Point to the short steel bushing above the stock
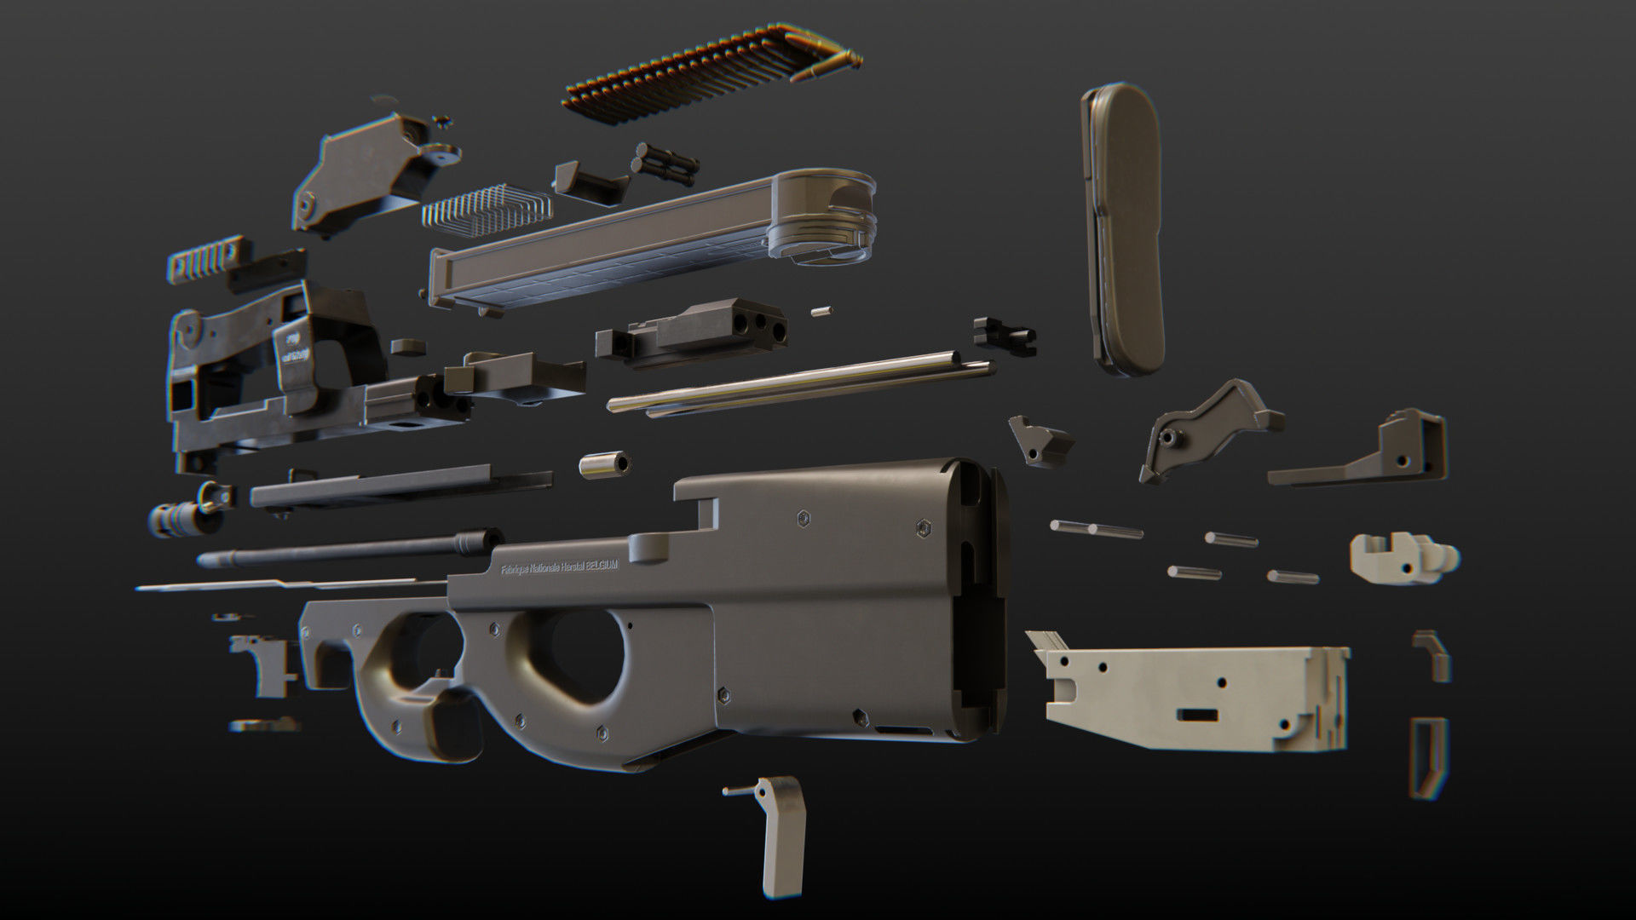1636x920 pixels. pos(604,465)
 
